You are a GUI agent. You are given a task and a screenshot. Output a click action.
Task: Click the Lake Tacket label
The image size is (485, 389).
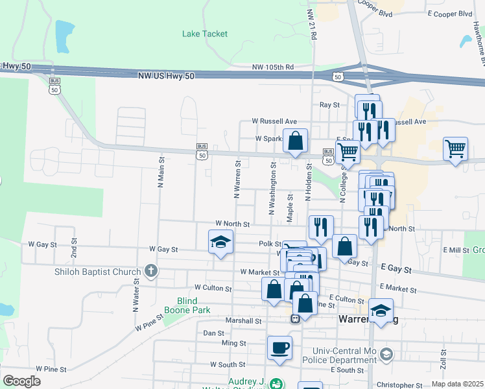click(x=205, y=34)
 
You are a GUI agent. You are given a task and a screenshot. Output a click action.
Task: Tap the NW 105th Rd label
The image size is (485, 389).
click(x=273, y=67)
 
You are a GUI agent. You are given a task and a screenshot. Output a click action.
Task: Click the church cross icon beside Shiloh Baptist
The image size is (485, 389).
click(x=151, y=270)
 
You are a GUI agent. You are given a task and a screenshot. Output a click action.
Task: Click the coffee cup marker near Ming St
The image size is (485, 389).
click(x=279, y=348)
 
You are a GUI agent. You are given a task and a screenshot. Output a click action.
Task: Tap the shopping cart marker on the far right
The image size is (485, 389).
click(x=455, y=148)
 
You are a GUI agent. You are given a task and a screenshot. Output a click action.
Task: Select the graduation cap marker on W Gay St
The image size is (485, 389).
click(x=221, y=242)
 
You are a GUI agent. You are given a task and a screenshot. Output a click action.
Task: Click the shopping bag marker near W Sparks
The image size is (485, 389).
click(x=295, y=141)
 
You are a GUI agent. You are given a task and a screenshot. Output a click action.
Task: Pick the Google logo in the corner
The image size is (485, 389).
click(x=21, y=381)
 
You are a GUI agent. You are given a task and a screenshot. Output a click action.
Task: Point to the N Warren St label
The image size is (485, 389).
click(x=237, y=180)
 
